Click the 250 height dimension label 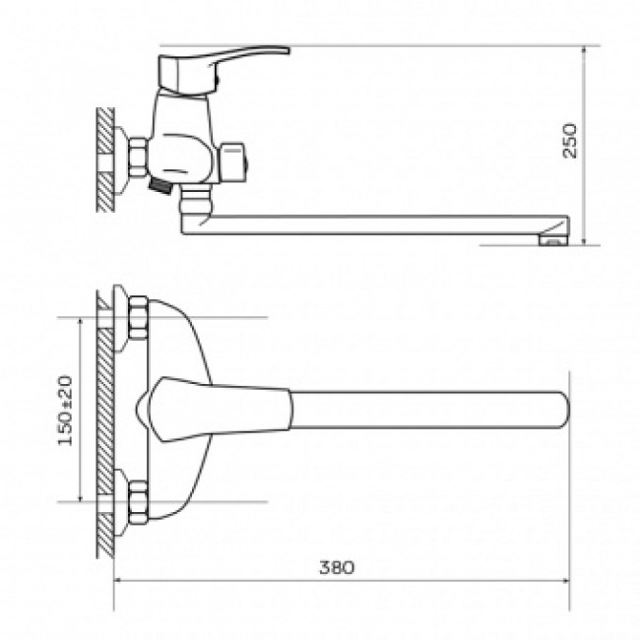(x=570, y=141)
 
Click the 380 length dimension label (x=337, y=567)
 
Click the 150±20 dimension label (x=65, y=411)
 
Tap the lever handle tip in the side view (x=287, y=50)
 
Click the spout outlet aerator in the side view (x=554, y=240)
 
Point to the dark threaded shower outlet (x=160, y=186)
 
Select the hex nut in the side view (x=138, y=159)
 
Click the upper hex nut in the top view (x=138, y=318)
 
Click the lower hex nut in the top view (x=138, y=502)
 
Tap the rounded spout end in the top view (x=565, y=410)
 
